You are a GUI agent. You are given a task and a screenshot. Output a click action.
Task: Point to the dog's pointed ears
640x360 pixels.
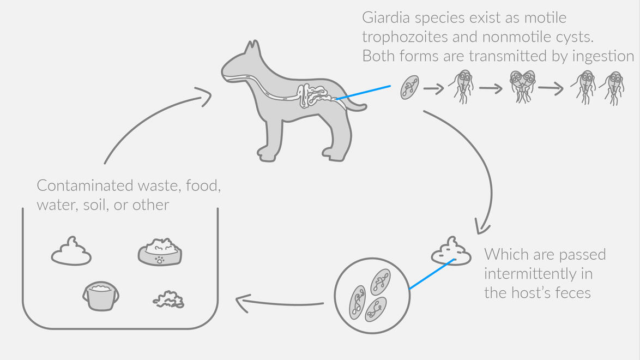pos(251,49)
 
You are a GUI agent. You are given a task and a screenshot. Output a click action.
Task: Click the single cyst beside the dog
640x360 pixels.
pos(410,87)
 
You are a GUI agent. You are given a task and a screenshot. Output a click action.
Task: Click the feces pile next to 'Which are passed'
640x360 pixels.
pos(451,252)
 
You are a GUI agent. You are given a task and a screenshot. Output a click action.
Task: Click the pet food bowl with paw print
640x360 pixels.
pos(160,252)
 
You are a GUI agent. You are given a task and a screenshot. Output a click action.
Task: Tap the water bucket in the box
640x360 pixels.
pos(101,296)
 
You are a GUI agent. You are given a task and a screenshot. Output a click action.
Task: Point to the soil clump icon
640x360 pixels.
pos(168,299)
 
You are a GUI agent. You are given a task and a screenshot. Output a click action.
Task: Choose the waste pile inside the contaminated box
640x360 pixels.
pos(71,252)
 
